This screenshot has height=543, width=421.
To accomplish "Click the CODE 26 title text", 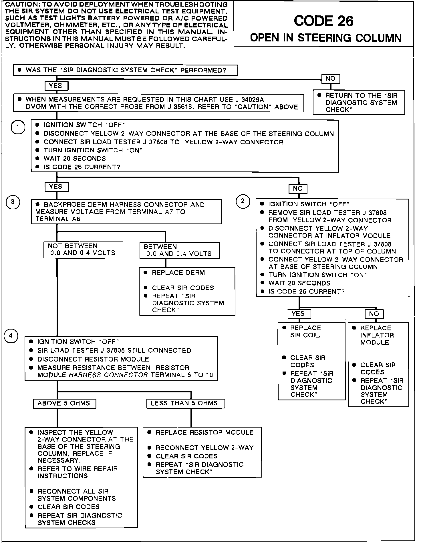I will pyautogui.click(x=323, y=21).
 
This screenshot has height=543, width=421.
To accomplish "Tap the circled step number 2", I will pyautogui.click(x=243, y=201).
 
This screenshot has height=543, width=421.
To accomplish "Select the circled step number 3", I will pyautogui.click(x=13, y=202).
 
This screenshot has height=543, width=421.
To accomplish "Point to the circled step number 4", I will pyautogui.click(x=11, y=336).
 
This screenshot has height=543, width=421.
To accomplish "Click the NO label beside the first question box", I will pyautogui.click(x=331, y=79).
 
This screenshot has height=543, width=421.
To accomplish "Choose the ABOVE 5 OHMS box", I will pyautogui.click(x=64, y=403).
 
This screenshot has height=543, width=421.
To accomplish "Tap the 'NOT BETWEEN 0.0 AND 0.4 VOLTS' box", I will pyautogui.click(x=83, y=249).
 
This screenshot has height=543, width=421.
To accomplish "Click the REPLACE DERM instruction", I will pyautogui.click(x=178, y=273).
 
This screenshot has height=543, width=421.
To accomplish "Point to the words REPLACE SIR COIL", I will pyautogui.click(x=305, y=332).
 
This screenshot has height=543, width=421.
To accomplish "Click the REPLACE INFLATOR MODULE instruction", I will pyautogui.click(x=377, y=335).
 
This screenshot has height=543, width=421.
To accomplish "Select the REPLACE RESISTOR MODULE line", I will pyautogui.click(x=204, y=432).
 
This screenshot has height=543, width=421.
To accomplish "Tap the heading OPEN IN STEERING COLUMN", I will pyautogui.click(x=326, y=38).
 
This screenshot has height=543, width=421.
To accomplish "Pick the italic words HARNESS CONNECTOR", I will pyautogui.click(x=108, y=375).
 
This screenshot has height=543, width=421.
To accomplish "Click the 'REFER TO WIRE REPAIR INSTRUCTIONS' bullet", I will pyautogui.click(x=77, y=472).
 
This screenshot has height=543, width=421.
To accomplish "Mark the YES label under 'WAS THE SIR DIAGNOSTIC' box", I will pyautogui.click(x=56, y=86).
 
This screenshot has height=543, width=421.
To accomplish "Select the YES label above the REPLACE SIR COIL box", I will pyautogui.click(x=298, y=314).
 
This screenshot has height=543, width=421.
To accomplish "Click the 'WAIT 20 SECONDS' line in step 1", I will pyautogui.click(x=74, y=159).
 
